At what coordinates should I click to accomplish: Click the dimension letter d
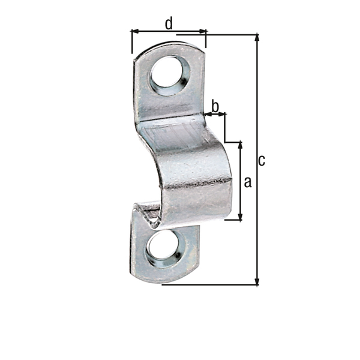click(x=169, y=24)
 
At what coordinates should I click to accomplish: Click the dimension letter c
click(x=262, y=160)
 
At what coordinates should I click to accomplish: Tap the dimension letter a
click(x=248, y=182)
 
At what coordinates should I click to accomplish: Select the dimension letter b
click(x=215, y=107)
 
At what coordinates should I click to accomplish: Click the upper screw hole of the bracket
click(x=170, y=75)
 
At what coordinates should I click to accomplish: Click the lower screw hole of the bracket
click(x=166, y=248)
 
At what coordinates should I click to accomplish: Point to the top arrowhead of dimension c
click(x=257, y=37)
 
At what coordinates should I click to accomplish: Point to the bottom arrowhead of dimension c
click(x=257, y=281)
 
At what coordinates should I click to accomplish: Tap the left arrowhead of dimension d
click(x=135, y=31)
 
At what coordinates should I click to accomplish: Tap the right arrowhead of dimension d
click(x=203, y=31)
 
